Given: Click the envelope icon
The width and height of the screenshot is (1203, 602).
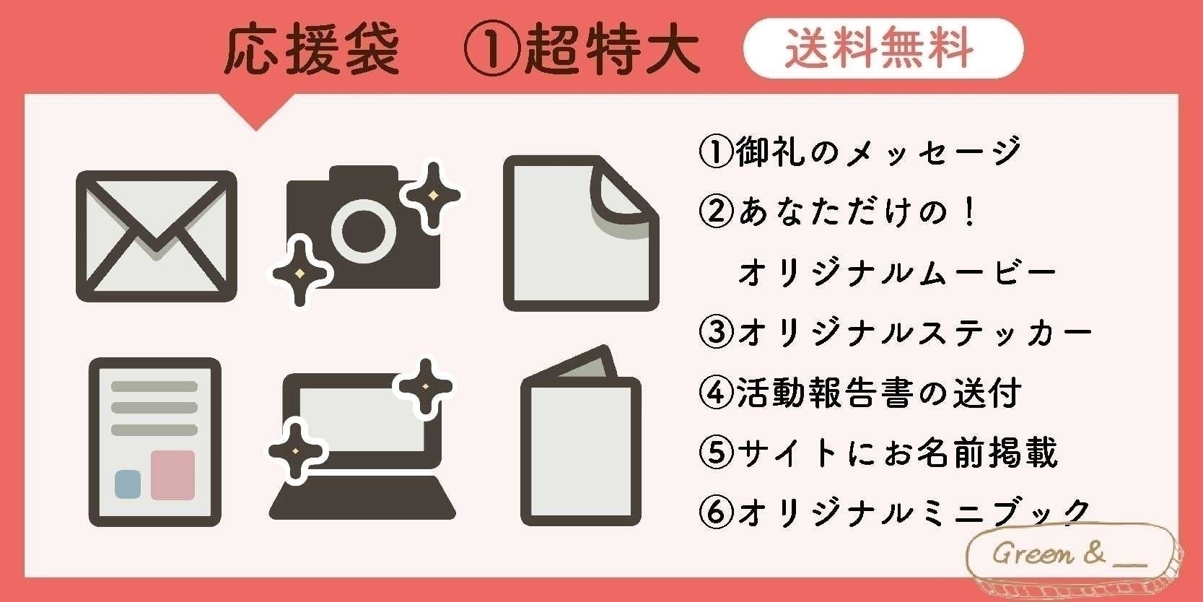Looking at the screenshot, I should coord(157,236).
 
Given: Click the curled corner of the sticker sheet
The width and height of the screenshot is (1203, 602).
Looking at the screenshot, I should coord(620,193).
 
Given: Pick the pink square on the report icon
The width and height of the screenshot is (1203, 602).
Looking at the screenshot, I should coord(172,474).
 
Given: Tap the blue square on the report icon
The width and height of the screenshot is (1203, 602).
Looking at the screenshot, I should coord(128,483).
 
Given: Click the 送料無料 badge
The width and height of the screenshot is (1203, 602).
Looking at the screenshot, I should coord(883,48).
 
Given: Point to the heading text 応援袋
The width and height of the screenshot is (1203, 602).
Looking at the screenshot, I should coord(312,51).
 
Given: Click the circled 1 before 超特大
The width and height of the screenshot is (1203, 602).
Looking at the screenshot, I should coord(490,51).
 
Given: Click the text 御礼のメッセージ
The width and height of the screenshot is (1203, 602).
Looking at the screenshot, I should coord(878,152).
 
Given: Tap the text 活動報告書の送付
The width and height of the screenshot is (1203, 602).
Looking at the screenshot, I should coord(878,393).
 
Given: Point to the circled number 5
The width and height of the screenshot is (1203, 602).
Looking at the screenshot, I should coord(716,453).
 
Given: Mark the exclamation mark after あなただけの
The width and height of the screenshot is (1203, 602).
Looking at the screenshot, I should coord(969,212).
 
